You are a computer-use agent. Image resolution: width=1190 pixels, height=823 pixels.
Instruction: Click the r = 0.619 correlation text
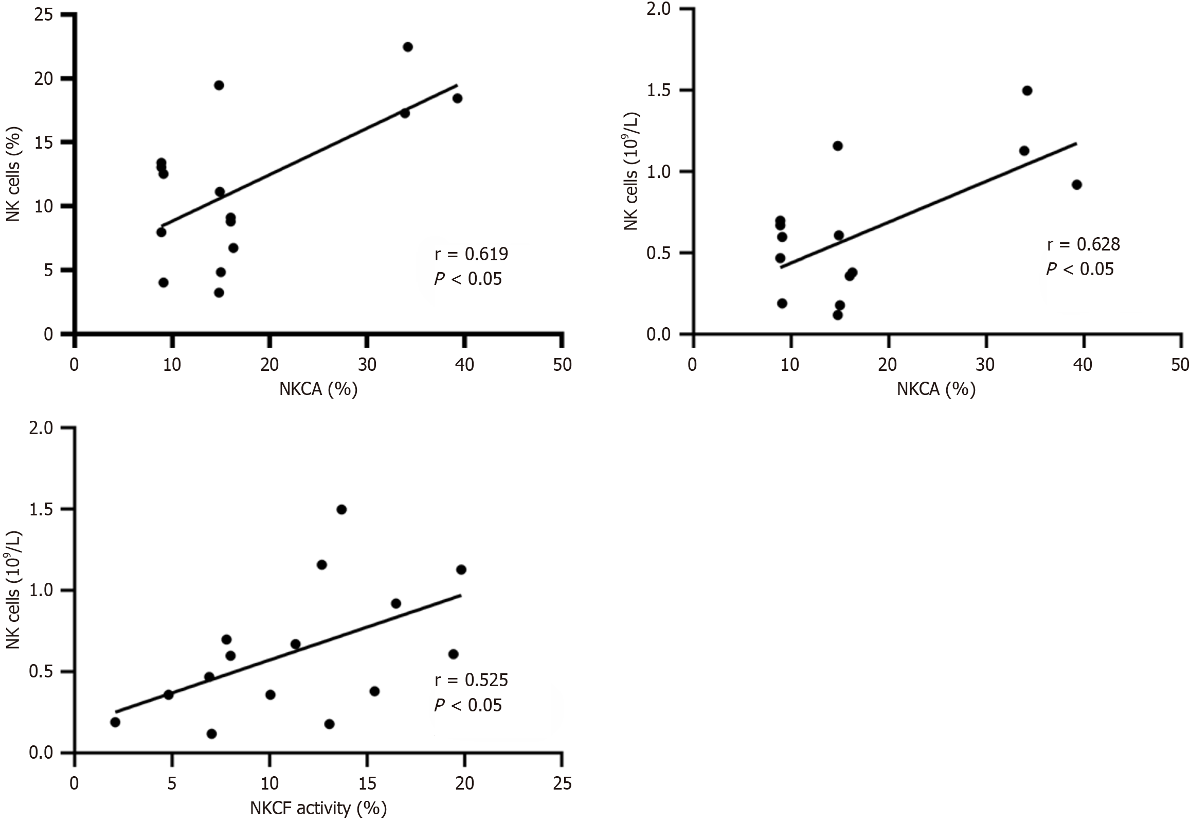pos(471,254)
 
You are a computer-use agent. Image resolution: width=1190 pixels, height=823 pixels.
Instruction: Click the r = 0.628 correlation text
pos(1083,244)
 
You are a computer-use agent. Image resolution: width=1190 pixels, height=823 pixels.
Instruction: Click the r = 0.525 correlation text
pos(471,680)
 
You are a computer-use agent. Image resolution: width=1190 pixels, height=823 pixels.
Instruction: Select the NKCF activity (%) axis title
pos(318,808)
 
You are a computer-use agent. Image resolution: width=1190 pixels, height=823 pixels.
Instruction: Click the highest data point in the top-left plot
pos(407,47)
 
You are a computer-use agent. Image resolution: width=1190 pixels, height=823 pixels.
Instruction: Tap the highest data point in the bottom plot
pos(341,509)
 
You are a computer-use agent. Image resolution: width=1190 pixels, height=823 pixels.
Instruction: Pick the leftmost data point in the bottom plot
pos(115,723)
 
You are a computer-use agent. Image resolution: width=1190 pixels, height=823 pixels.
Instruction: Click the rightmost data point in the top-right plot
pos(1076,185)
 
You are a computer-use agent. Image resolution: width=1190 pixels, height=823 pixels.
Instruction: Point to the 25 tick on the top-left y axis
pos(44,14)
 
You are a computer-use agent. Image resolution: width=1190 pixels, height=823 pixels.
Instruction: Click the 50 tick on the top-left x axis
pos(562,365)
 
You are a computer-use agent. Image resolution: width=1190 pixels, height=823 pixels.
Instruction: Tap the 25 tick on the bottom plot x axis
pos(562,784)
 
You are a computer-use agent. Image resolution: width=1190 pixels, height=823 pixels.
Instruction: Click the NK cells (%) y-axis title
pos(14,174)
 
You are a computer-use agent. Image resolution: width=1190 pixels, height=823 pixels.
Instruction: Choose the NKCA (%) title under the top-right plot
pos(936,389)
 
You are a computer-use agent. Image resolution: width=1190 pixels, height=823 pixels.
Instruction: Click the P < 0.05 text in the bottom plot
pos(467,705)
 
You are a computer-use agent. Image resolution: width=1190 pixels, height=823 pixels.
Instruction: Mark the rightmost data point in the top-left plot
pos(457,98)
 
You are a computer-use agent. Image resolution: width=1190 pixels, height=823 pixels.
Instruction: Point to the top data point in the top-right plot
pos(1026,91)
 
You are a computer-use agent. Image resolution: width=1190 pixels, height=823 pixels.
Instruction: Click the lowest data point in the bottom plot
pos(211,734)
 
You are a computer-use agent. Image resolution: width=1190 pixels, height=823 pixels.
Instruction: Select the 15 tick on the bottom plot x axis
pos(367,784)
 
